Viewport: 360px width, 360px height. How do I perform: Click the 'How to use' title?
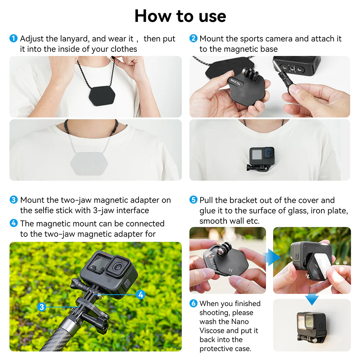click(x=180, y=16)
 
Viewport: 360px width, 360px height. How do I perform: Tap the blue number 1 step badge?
click(x=13, y=39)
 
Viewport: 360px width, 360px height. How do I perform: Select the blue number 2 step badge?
click(x=194, y=39)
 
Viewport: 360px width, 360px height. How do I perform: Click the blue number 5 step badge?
click(x=194, y=200)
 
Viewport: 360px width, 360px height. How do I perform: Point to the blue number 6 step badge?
click(x=194, y=304)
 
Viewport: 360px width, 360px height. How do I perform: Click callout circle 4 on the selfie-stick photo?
click(x=141, y=295)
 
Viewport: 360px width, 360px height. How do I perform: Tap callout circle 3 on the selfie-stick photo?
click(x=42, y=307)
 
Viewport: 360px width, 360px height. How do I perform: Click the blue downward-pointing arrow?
click(x=312, y=299)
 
